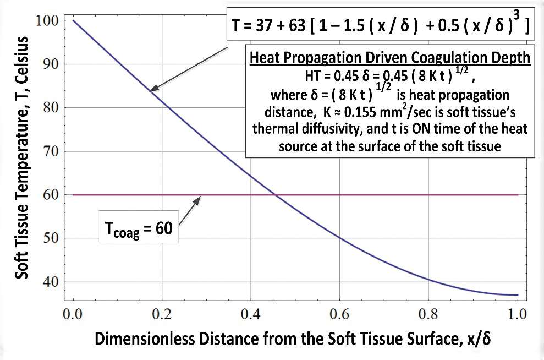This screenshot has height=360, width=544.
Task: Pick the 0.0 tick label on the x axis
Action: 73,315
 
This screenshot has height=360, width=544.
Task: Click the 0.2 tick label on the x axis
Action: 162,315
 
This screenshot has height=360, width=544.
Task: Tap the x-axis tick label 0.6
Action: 339,315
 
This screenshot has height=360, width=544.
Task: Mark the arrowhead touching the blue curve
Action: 153,89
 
